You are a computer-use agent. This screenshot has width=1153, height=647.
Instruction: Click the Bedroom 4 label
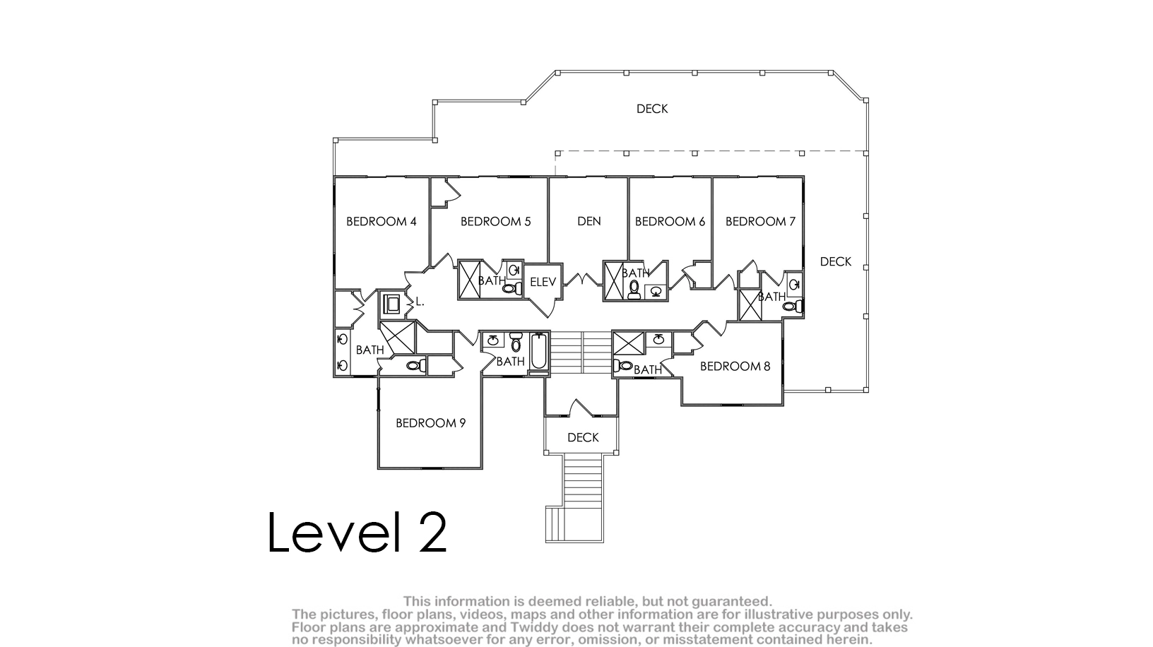click(x=381, y=221)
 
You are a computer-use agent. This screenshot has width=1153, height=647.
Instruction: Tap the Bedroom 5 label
click(x=495, y=221)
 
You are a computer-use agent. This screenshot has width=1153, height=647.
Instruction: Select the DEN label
click(x=589, y=221)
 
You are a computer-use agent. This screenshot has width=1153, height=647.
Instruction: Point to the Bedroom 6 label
click(x=670, y=221)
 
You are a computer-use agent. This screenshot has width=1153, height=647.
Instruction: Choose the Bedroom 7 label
click(x=760, y=221)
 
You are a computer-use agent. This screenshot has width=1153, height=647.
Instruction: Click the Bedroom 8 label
click(x=735, y=366)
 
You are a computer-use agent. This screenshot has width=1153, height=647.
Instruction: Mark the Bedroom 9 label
click(x=430, y=423)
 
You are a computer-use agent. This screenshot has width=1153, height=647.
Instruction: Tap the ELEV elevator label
click(x=543, y=282)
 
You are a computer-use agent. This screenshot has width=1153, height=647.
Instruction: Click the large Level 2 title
click(x=357, y=532)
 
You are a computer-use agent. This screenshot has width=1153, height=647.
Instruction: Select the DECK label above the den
click(x=652, y=109)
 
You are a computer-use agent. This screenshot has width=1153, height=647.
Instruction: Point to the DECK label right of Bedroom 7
click(x=835, y=261)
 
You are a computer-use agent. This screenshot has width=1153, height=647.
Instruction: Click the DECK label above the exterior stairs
click(x=583, y=437)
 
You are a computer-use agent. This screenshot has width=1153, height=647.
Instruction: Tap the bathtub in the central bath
click(x=538, y=351)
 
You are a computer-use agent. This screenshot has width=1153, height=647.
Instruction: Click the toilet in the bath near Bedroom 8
click(x=623, y=366)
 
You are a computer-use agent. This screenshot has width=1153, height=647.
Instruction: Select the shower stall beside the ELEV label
click(x=469, y=280)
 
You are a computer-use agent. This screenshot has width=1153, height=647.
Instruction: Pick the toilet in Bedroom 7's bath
click(x=792, y=307)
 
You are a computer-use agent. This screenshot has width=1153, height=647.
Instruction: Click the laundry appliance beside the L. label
click(x=391, y=304)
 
